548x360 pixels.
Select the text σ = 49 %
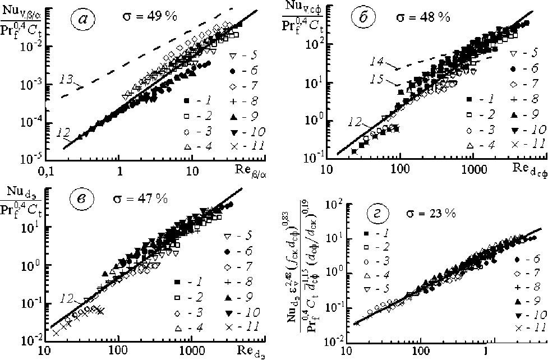coord(149,16)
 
